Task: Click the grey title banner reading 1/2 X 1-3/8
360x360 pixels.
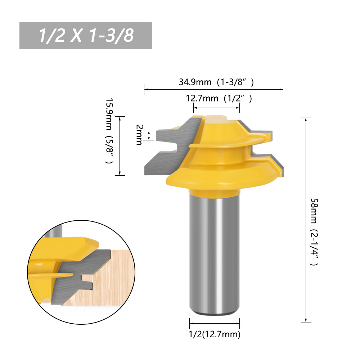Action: (86, 36)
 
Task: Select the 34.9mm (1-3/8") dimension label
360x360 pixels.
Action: (216, 82)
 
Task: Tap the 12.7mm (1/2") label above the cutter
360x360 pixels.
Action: (219, 98)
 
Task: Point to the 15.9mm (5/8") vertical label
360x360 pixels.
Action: (109, 131)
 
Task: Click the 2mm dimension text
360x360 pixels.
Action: (139, 135)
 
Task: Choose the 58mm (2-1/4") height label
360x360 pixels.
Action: (314, 232)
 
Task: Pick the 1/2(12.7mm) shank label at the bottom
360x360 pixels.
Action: (215, 334)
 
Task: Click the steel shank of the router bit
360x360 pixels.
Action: (215, 254)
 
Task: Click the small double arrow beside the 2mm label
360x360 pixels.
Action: (149, 135)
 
